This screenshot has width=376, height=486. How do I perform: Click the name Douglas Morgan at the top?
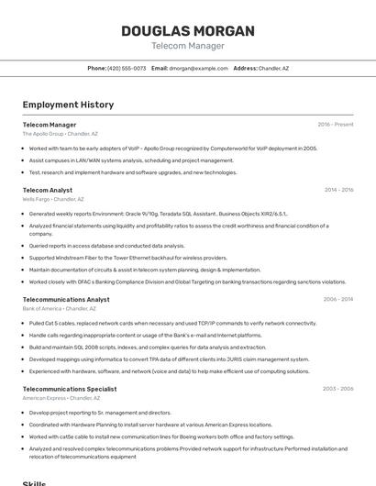[187, 31]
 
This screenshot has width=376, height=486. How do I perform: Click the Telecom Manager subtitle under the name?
[187, 46]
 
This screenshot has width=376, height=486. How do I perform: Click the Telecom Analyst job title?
[48, 190]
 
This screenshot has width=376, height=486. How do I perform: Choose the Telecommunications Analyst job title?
[66, 299]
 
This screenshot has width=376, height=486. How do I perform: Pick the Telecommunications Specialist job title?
[70, 389]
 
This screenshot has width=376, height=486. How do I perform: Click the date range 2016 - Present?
[336, 125]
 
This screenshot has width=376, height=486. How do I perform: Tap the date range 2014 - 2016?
[338, 190]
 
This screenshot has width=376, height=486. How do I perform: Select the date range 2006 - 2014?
[338, 299]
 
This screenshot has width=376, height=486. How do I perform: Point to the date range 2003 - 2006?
[338, 389]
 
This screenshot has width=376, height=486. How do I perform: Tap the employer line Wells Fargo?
[53, 199]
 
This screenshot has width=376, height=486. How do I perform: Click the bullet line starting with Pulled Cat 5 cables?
[172, 323]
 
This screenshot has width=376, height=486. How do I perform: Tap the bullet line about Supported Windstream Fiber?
[128, 258]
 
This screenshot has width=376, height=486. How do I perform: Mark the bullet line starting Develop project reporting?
[101, 413]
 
